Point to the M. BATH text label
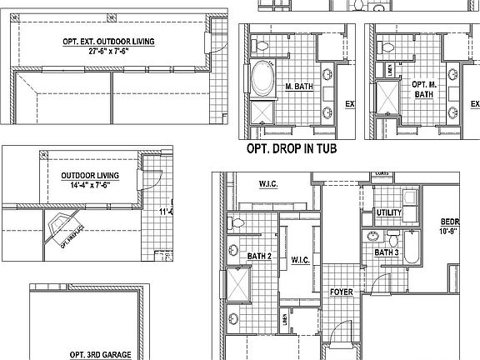click(298, 87)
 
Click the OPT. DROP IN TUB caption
click(302, 150)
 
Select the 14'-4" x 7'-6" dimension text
click(90, 186)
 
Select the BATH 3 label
click(386, 252)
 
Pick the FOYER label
click(342, 292)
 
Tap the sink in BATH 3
click(372, 236)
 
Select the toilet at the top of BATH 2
click(237, 222)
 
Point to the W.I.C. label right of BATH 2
click(302, 261)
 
